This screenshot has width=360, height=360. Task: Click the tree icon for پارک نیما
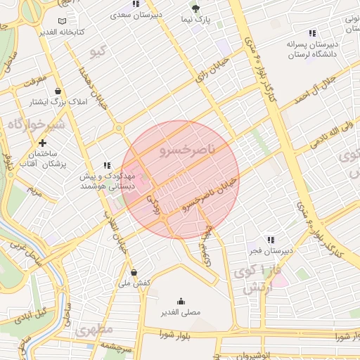click(x=195, y=8)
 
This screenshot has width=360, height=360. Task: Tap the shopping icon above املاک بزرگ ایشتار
click(x=57, y=91)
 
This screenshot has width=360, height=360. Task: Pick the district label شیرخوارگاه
click(x=36, y=124)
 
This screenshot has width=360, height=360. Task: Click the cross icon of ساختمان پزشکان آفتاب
click(x=42, y=142)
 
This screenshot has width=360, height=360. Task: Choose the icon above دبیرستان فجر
click(x=271, y=240)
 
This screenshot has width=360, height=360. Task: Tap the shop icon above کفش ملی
click(x=134, y=272)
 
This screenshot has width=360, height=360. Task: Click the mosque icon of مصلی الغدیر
click(x=181, y=301)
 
